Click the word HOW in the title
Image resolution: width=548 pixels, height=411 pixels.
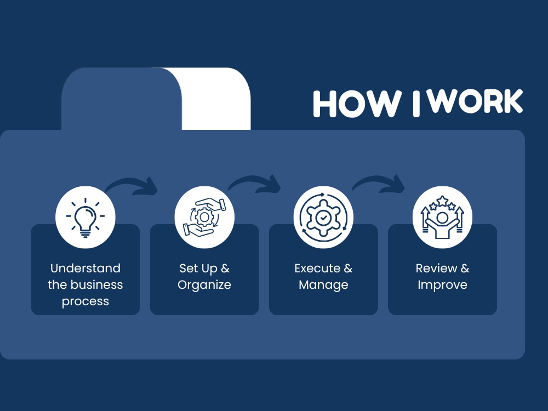click(x=357, y=104)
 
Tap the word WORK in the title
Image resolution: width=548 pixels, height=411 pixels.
click(x=476, y=101)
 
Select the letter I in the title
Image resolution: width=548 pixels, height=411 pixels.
click(x=416, y=104)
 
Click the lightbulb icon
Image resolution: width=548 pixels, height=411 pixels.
click(x=85, y=218)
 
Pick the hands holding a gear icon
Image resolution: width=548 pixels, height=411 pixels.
click(x=204, y=218)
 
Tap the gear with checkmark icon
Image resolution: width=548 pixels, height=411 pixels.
click(x=324, y=218)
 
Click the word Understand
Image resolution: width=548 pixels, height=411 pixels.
click(x=85, y=268)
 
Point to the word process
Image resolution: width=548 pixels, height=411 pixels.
click(x=85, y=301)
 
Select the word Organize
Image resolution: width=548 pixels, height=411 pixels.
click(x=204, y=285)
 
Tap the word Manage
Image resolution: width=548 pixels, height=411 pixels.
click(x=324, y=285)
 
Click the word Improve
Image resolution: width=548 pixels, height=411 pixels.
click(x=442, y=285)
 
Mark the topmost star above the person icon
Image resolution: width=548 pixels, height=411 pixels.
click(x=442, y=201)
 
